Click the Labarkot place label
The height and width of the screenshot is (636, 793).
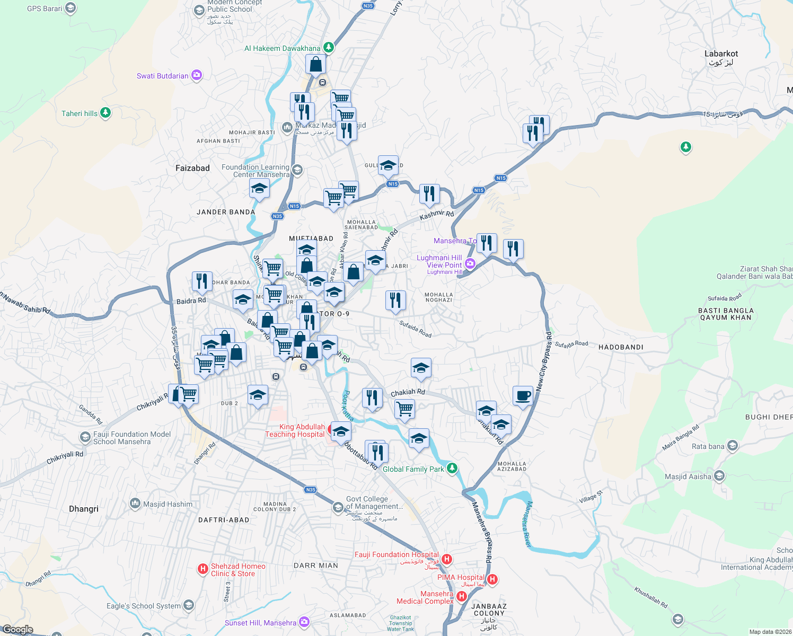[721, 54]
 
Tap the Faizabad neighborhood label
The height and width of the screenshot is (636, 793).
[192, 168]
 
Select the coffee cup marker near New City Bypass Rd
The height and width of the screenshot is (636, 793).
[523, 395]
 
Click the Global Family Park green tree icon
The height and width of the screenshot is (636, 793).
[452, 469]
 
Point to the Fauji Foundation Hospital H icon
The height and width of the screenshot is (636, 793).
[447, 559]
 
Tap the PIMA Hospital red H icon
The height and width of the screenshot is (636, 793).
[492, 579]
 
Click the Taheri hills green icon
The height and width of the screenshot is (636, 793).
[105, 113]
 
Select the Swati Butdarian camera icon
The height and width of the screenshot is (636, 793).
[197, 75]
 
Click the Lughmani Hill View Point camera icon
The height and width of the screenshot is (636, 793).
[470, 263]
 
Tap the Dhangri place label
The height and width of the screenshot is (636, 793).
[84, 509]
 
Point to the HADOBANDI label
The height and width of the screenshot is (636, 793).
[621, 347]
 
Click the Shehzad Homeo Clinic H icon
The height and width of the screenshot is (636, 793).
[202, 569]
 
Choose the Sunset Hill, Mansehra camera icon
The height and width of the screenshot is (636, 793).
[304, 622]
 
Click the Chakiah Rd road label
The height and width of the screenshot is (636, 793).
[408, 392]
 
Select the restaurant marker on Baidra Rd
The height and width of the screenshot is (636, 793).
[202, 281]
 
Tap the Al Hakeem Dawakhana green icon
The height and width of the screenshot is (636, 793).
[329, 48]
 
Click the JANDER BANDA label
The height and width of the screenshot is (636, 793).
[226, 212]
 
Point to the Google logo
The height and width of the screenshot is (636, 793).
[17, 630]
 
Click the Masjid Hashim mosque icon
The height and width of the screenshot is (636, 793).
[135, 503]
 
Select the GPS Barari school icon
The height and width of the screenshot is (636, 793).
[71, 8]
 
